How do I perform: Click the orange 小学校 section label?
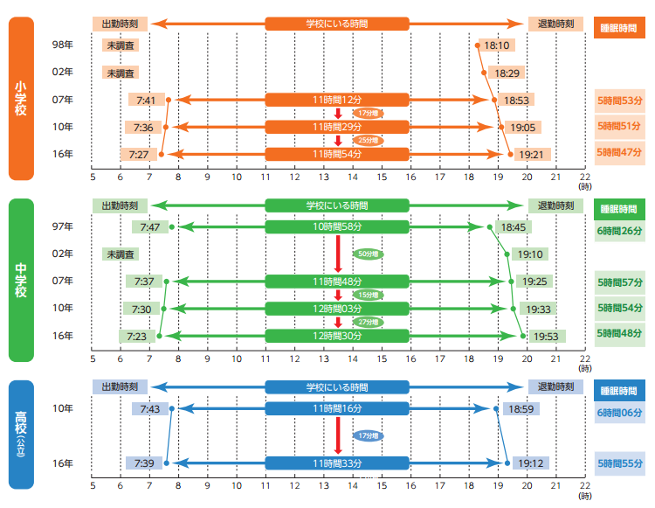22,99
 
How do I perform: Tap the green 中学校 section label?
22,280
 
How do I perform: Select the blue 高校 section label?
22,435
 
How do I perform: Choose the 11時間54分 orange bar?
337,155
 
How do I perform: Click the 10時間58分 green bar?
337,227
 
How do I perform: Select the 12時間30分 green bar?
337,336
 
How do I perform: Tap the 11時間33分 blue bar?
337,463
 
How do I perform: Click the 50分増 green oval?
369,254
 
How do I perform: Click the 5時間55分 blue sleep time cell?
620,463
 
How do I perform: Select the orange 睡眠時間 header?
620,27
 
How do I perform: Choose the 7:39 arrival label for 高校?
142,463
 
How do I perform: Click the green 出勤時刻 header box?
120,205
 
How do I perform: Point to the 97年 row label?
63,227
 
